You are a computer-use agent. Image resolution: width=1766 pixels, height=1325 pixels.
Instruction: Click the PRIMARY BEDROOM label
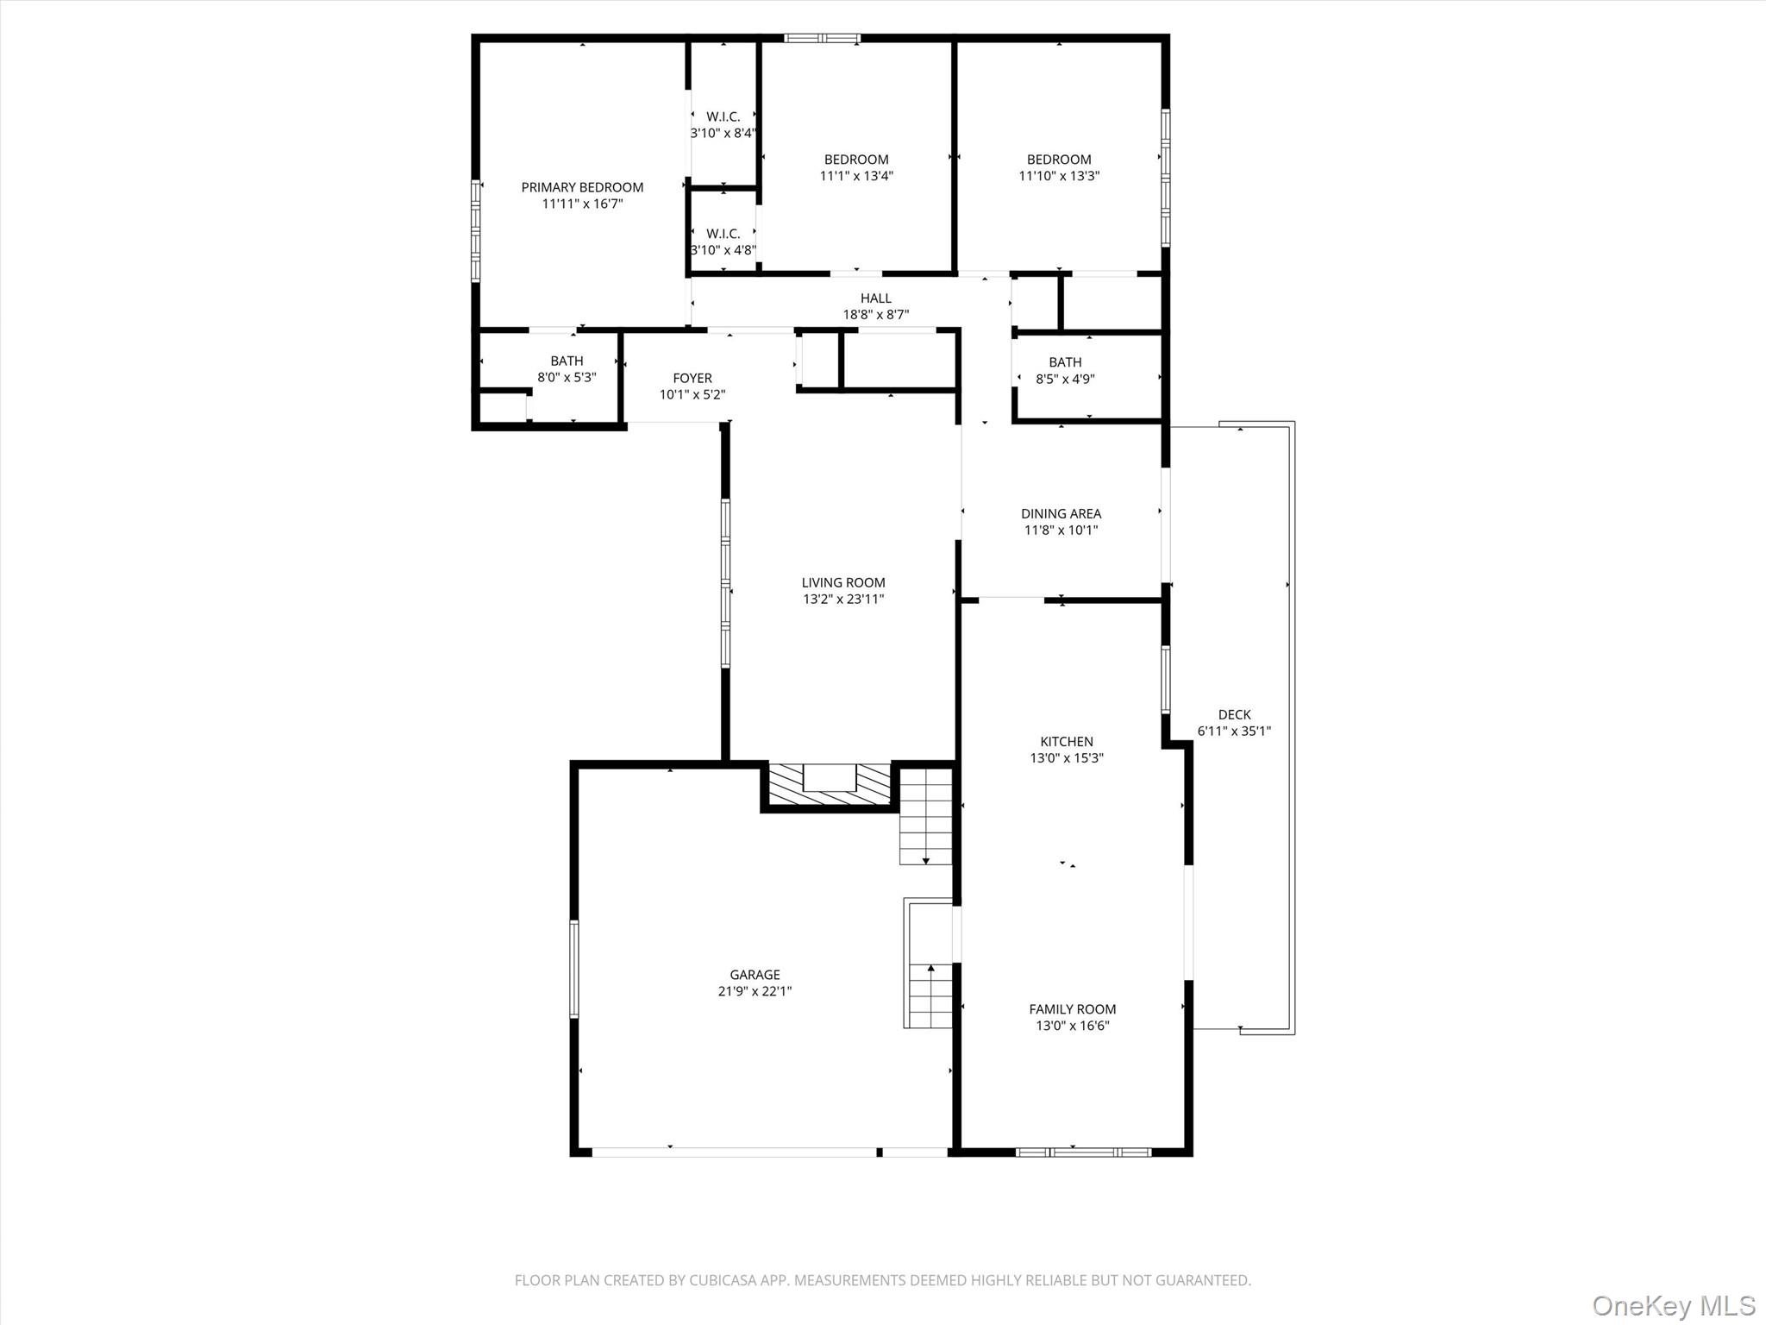[582, 187]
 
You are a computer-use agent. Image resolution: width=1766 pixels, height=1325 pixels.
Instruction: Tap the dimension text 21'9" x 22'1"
[755, 991]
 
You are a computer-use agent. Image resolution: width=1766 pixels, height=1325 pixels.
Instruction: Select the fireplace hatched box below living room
[829, 786]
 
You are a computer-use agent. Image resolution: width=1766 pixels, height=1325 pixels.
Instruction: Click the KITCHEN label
[1067, 742]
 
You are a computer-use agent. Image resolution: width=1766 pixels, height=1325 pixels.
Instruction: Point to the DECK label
[1234, 714]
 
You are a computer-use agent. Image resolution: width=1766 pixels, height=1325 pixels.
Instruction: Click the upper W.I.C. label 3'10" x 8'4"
[723, 117]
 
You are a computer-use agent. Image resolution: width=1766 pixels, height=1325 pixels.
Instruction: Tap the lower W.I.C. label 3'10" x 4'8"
[723, 234]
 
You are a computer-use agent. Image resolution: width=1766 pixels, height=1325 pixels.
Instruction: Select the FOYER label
[692, 378]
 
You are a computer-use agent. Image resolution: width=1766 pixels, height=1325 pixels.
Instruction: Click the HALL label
[875, 298]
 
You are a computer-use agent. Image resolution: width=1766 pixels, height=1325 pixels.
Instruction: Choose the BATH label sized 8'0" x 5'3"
[567, 361]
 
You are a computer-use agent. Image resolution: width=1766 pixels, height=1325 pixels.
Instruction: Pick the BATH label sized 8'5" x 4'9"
[1065, 362]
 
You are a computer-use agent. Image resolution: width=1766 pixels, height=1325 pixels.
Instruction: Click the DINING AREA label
[1061, 513]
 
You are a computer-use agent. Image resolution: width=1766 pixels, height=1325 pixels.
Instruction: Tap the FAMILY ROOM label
[1072, 1009]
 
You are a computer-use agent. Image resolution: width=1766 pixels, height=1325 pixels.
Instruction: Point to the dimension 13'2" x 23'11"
[843, 599]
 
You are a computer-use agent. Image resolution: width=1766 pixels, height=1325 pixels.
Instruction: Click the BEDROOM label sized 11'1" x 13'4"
[855, 160]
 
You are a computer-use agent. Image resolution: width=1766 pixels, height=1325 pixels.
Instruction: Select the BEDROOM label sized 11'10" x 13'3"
[1058, 160]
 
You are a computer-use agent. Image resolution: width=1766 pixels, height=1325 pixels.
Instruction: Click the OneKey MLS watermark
[1672, 1305]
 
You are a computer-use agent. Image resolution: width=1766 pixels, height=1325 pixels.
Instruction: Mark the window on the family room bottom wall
[1083, 1152]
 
